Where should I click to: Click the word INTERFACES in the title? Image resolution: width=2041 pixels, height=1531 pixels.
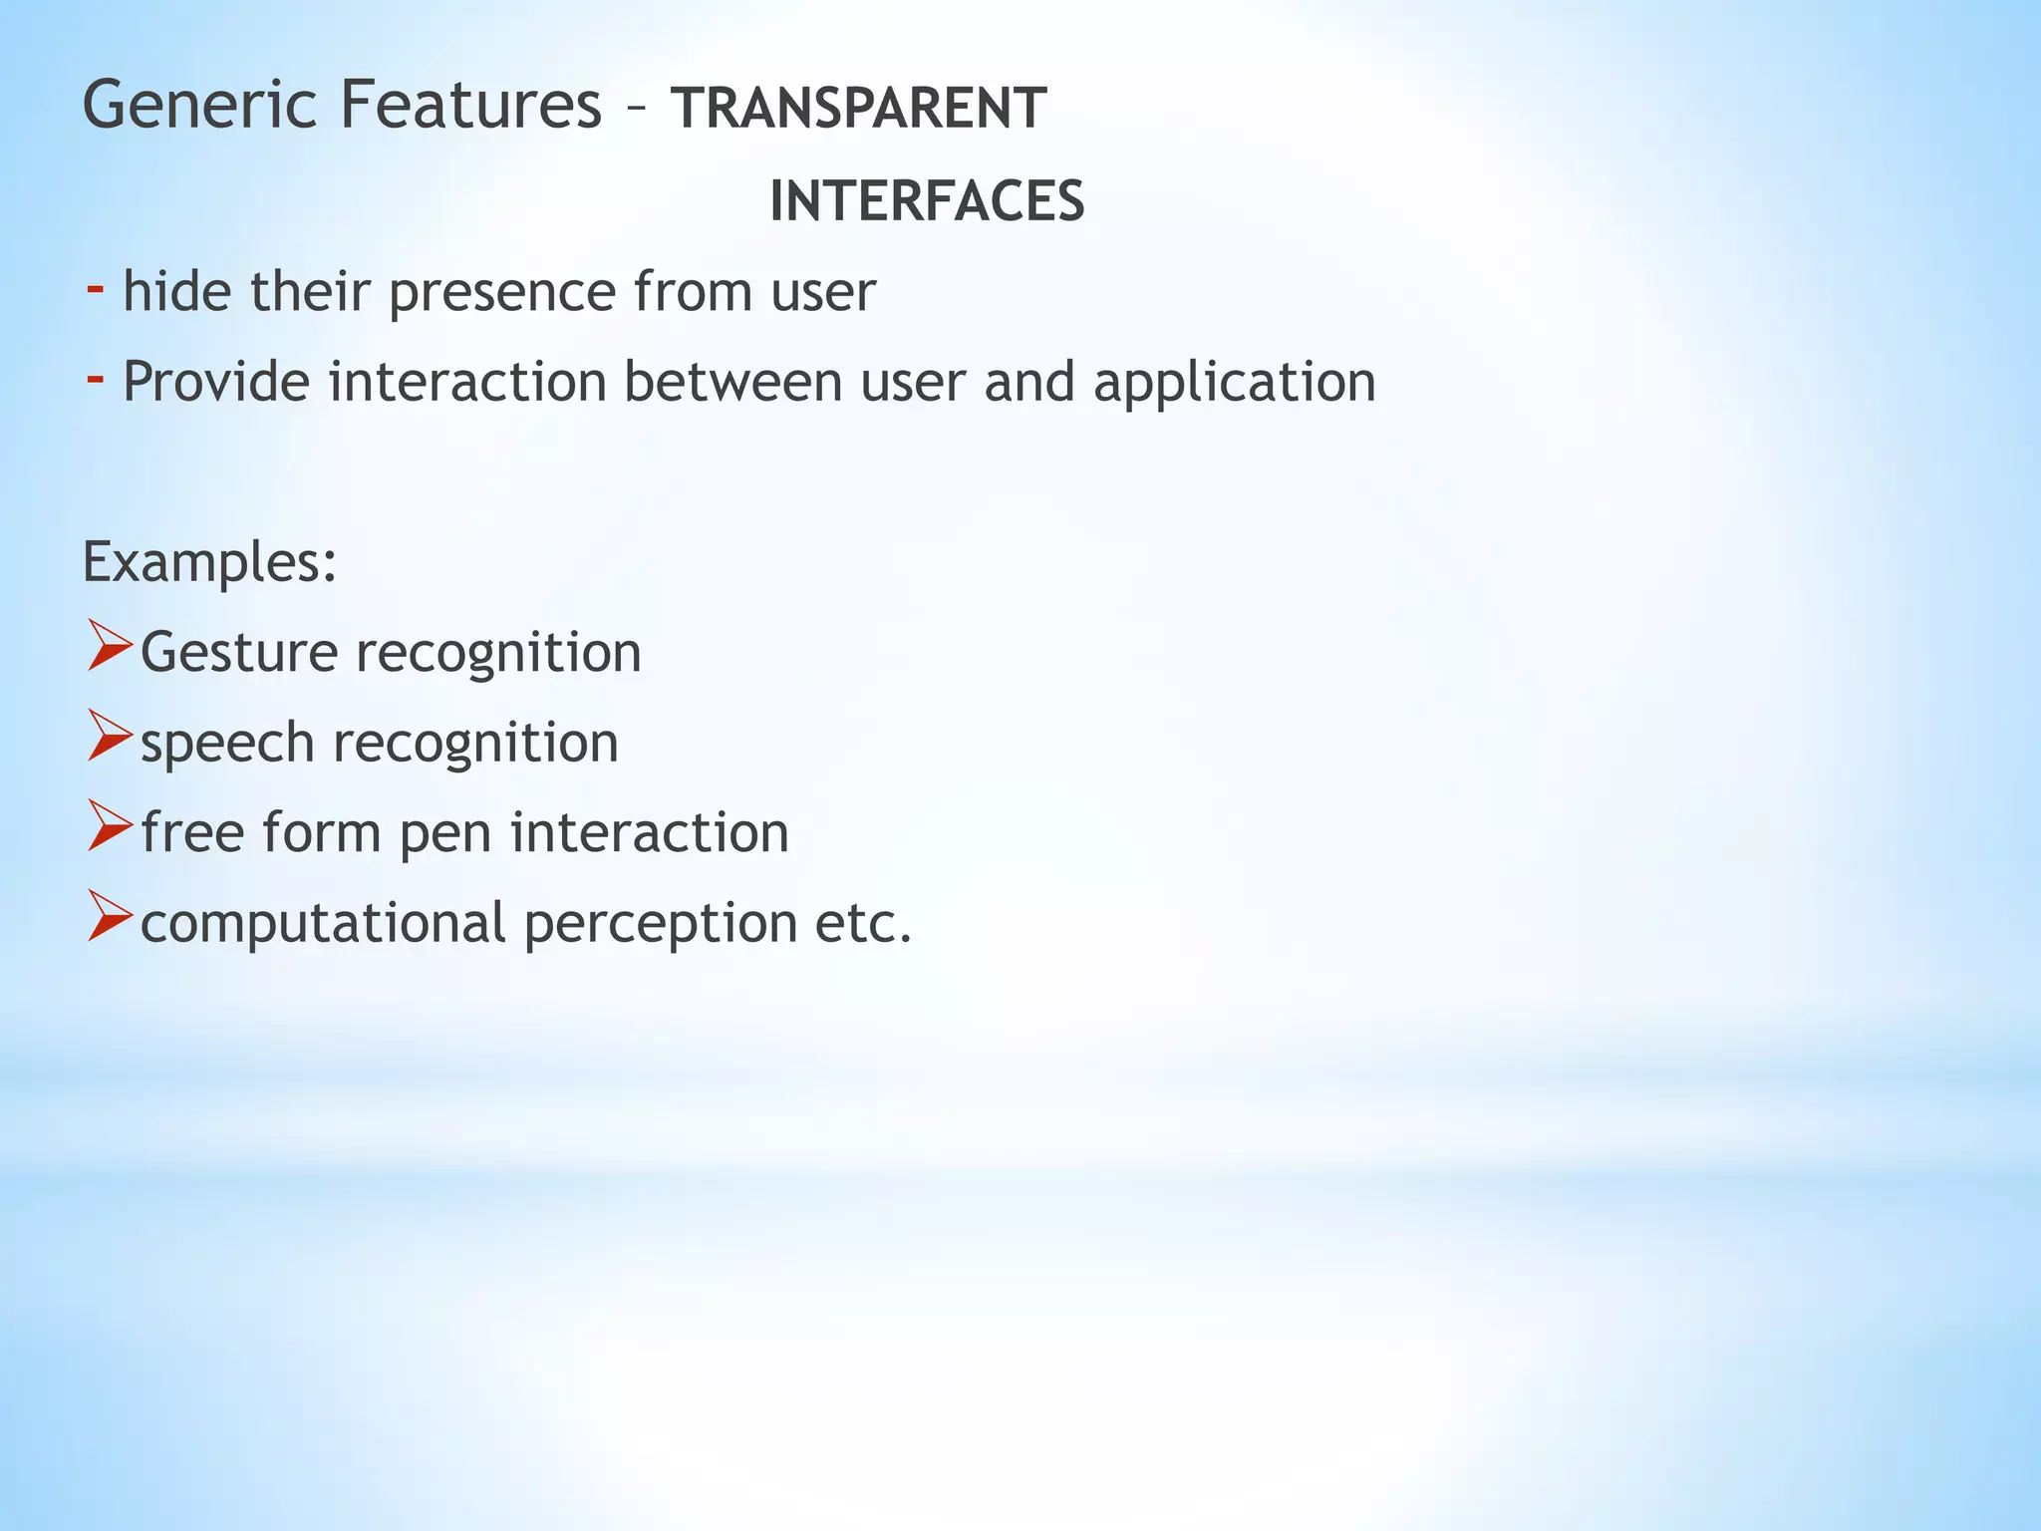coord(927,201)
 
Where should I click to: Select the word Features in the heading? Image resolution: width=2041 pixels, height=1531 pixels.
coord(470,106)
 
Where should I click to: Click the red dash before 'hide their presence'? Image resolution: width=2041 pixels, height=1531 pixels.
coord(96,289)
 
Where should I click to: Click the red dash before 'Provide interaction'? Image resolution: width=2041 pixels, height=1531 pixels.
coord(96,379)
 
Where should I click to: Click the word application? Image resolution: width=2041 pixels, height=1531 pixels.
coord(1234,383)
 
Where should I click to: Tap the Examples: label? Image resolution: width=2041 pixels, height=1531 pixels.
coord(209,563)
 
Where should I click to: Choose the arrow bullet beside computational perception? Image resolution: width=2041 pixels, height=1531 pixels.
coord(109,916)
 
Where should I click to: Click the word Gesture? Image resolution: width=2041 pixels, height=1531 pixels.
coord(239,654)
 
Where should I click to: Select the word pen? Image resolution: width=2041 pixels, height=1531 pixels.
coord(445,834)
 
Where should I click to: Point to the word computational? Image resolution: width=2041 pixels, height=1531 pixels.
coord(323,924)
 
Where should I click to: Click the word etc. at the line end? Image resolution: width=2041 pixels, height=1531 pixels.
coord(863,924)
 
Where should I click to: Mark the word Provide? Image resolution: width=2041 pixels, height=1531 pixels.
coord(215,382)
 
